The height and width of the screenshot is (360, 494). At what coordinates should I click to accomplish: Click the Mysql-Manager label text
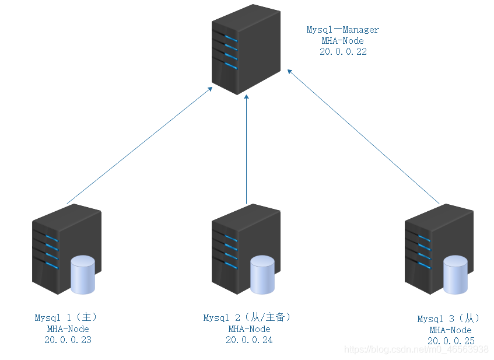[x=343, y=30]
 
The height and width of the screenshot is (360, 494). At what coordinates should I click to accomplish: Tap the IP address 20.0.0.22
[x=343, y=51]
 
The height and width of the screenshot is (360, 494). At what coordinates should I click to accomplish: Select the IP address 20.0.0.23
[x=68, y=340]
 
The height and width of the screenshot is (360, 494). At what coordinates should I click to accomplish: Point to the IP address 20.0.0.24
[x=249, y=340]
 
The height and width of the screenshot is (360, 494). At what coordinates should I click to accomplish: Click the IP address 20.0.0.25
[x=451, y=341]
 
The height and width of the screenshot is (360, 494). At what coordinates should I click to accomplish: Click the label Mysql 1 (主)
[x=66, y=317]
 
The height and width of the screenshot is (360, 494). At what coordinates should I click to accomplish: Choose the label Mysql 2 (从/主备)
[x=247, y=317]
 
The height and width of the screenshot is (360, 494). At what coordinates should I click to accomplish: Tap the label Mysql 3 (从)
[x=449, y=319]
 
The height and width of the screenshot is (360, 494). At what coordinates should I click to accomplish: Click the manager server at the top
[x=246, y=50]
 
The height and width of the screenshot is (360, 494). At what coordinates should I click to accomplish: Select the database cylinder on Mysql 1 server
[x=83, y=275]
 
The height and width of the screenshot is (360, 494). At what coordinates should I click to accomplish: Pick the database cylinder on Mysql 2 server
[x=262, y=275]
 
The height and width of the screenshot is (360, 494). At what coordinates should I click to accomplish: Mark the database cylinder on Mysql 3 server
[x=456, y=275]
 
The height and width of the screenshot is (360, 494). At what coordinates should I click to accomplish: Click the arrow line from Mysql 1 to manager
[x=139, y=146]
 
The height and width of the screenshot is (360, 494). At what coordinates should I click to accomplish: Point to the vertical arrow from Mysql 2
[x=246, y=149]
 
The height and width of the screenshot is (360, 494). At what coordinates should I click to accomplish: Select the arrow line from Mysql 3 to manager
[x=363, y=137]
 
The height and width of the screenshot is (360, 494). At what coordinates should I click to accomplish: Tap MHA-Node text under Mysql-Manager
[x=343, y=41]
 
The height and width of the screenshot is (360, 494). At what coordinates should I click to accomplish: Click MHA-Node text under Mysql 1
[x=68, y=329]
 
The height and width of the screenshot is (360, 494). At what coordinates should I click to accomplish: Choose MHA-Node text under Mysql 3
[x=451, y=330]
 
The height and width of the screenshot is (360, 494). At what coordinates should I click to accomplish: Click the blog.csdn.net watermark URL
[x=416, y=349]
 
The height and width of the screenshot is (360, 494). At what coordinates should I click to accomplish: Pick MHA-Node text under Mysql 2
[x=250, y=329]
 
